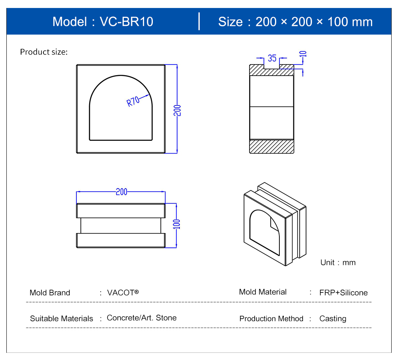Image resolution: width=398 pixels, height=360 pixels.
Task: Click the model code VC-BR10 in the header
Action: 127,21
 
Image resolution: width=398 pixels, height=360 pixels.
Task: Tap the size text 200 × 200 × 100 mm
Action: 314,22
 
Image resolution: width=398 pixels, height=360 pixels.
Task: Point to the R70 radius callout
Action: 133,101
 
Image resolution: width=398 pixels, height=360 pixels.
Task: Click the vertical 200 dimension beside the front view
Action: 177,110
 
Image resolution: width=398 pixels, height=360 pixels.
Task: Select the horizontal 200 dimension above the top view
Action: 121,192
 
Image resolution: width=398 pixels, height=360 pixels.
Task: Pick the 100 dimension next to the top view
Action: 176,224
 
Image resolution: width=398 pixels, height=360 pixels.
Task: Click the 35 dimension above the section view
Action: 272,58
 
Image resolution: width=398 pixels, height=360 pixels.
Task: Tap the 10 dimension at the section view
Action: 303,54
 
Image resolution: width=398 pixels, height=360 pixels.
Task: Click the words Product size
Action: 44,52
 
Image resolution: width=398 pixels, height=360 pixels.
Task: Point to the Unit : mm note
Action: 338,262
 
